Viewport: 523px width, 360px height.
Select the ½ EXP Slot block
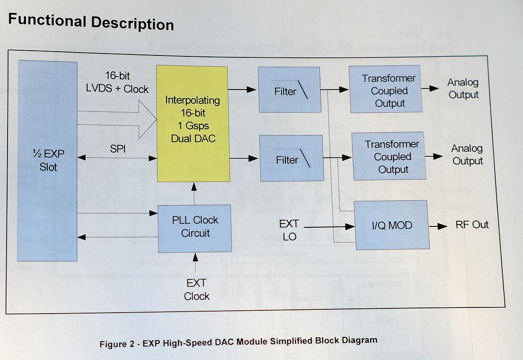click(47, 161)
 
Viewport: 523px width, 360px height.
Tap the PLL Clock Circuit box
click(195, 228)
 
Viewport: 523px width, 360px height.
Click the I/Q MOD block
click(392, 225)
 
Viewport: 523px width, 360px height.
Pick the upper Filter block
click(289, 90)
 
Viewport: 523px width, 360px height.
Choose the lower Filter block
click(292, 158)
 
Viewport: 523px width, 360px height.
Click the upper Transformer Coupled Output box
click(385, 90)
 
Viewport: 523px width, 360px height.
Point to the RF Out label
click(472, 225)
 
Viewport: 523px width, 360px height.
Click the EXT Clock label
click(196, 289)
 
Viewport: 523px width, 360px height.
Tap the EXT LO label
click(289, 230)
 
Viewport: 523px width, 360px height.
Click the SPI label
click(118, 149)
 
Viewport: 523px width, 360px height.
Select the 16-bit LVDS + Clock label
click(117, 82)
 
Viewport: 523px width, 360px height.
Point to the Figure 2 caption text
click(238, 342)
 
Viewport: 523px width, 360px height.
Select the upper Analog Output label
click(463, 89)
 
